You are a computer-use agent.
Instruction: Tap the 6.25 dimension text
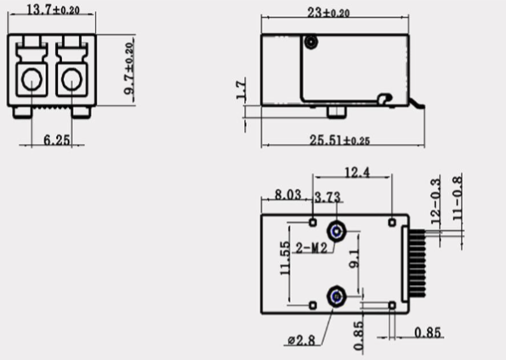[x=56, y=137]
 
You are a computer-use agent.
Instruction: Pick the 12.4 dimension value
[x=355, y=174]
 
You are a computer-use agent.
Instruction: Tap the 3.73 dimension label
[x=327, y=197]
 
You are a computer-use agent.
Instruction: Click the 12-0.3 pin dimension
[x=435, y=202]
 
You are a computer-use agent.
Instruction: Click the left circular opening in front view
[x=32, y=81]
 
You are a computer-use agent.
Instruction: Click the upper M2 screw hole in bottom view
[x=338, y=231]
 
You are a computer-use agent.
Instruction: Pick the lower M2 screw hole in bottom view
[x=338, y=296]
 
